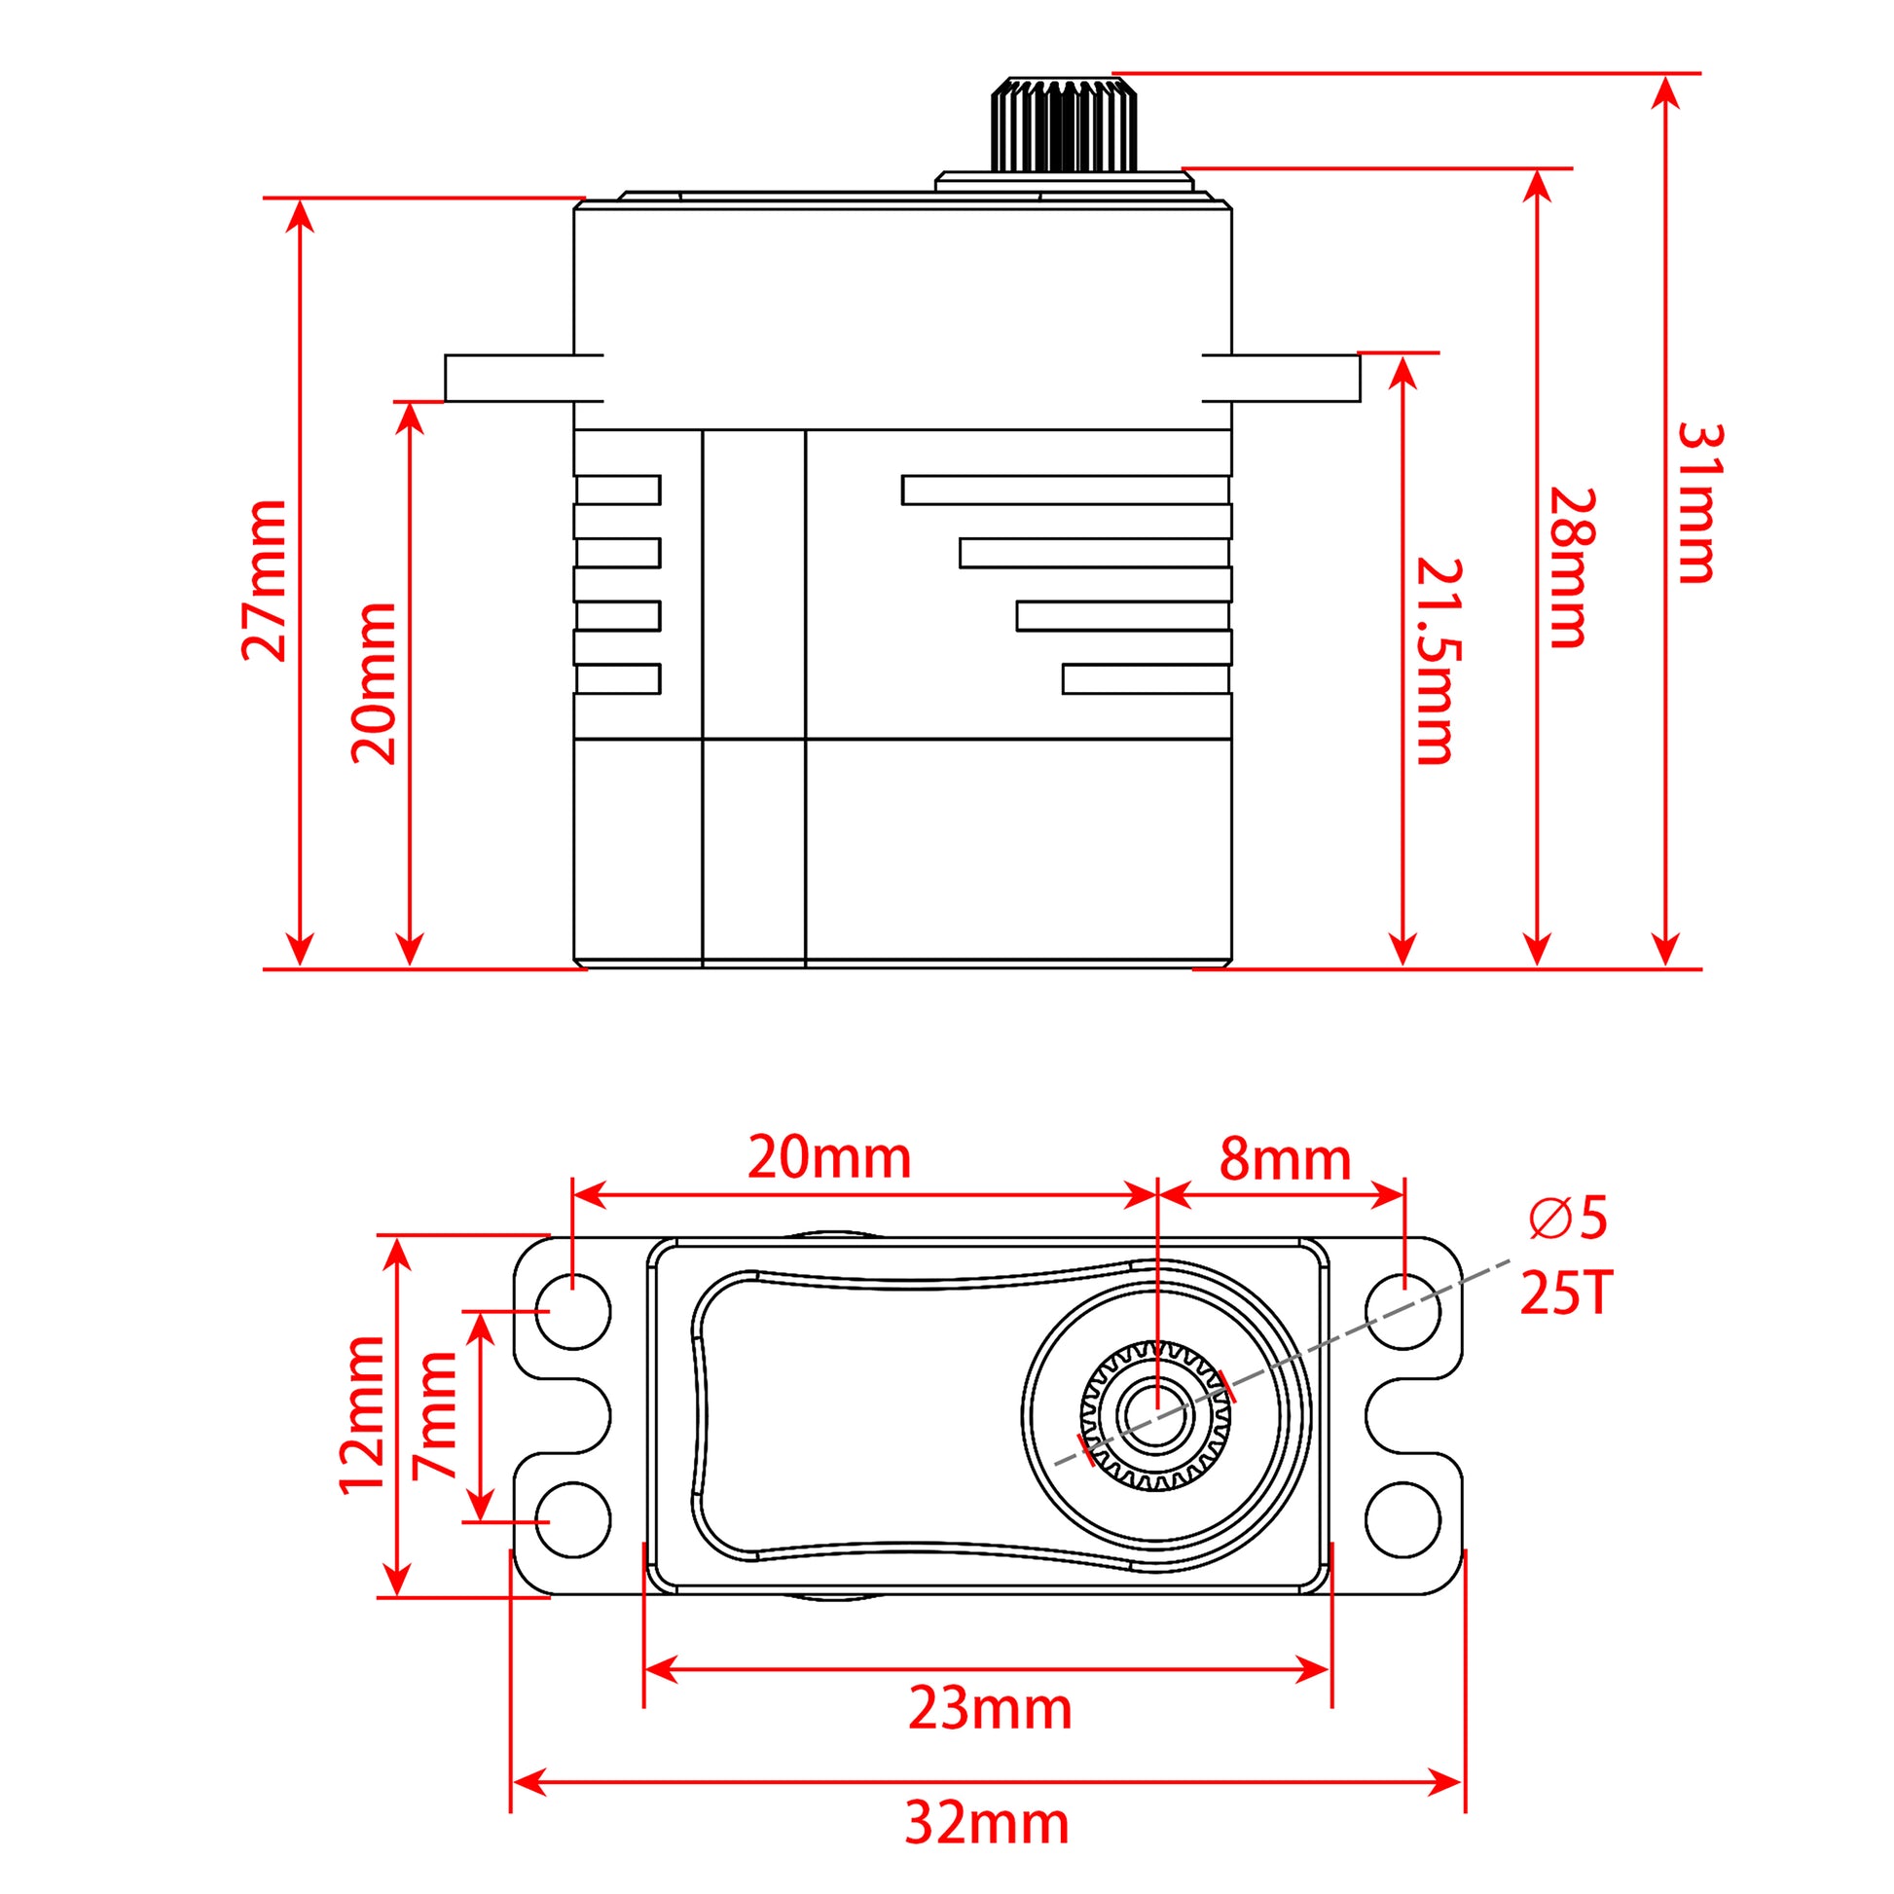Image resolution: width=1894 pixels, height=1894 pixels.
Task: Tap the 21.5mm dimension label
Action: (x=1440, y=661)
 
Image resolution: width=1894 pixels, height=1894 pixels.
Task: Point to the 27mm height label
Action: (x=265, y=580)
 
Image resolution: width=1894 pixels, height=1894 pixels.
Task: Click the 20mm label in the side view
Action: (x=374, y=683)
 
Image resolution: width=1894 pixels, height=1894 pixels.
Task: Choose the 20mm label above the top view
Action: (x=829, y=1158)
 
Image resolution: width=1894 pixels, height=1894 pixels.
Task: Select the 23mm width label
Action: (x=989, y=1709)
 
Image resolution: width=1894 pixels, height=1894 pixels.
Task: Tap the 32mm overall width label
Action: (x=986, y=1823)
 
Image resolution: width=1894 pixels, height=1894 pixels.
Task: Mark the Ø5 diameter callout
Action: (x=1568, y=1219)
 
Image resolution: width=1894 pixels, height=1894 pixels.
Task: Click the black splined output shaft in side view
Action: (x=1064, y=126)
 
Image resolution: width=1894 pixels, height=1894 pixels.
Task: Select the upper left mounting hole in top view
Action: (x=573, y=1312)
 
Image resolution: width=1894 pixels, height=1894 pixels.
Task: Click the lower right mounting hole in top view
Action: (x=1402, y=1519)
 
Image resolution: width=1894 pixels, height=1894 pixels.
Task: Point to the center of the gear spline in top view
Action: (x=1157, y=1415)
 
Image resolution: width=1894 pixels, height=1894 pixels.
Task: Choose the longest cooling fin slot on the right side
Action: (x=1066, y=491)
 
